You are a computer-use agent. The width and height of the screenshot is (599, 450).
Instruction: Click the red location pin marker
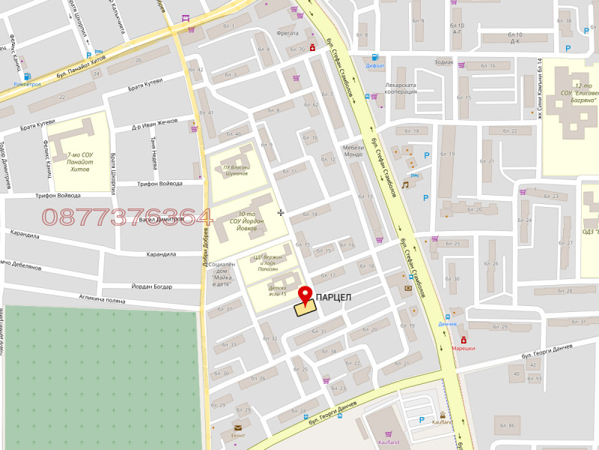pyautogui.click(x=305, y=294)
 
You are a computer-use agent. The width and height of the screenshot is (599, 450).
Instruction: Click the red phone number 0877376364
pyautogui.click(x=127, y=217)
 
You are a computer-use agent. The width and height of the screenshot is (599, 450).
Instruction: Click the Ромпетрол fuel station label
pyautogui.click(x=27, y=84)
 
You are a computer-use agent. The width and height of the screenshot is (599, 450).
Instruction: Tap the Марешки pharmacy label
pyautogui.click(x=463, y=348)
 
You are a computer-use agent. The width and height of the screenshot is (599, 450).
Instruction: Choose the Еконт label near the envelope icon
pyautogui.click(x=238, y=435)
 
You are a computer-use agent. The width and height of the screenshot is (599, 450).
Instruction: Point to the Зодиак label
pyautogui.click(x=443, y=61)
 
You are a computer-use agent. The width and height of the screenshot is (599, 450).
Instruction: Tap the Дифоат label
pyautogui.click(x=375, y=65)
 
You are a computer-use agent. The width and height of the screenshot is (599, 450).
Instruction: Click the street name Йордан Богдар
pyautogui.click(x=151, y=286)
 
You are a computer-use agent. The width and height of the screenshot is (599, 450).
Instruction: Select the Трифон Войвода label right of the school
pyautogui.click(x=159, y=184)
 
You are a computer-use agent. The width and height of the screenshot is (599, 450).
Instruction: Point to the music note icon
pyautogui.click(x=405, y=184)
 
